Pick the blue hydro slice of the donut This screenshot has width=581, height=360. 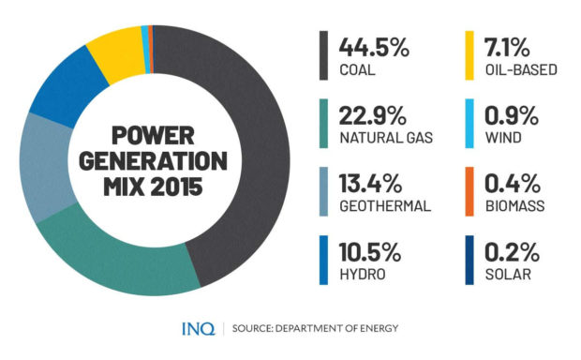(x=61, y=90)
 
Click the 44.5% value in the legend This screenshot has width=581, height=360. (x=373, y=46)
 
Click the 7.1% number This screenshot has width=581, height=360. (x=509, y=46)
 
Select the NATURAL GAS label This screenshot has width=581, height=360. (x=387, y=138)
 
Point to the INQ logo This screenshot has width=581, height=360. (x=197, y=327)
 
